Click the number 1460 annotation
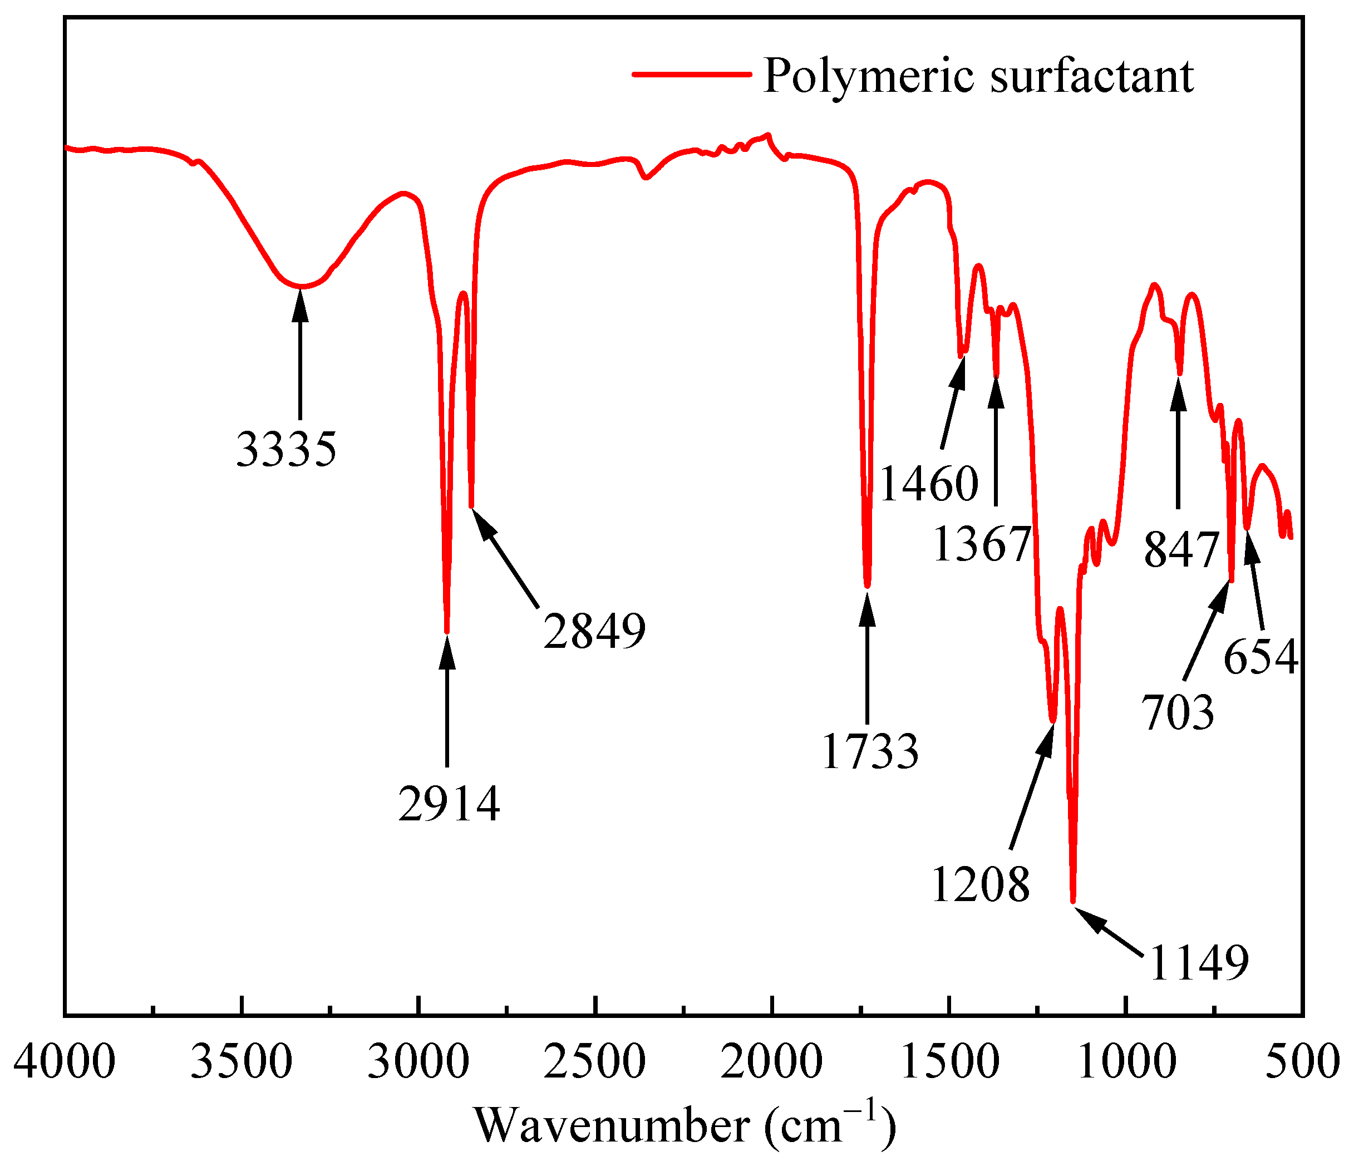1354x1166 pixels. click(x=929, y=484)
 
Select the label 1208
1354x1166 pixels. click(x=980, y=884)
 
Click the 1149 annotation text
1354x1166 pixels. click(x=1199, y=963)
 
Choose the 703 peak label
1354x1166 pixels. click(x=1178, y=712)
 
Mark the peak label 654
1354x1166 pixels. click(x=1261, y=657)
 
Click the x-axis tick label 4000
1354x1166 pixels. click(x=65, y=1061)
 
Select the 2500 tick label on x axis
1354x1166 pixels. click(x=595, y=1061)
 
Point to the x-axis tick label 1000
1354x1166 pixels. click(x=1126, y=1061)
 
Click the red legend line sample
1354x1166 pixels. click(x=691, y=74)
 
